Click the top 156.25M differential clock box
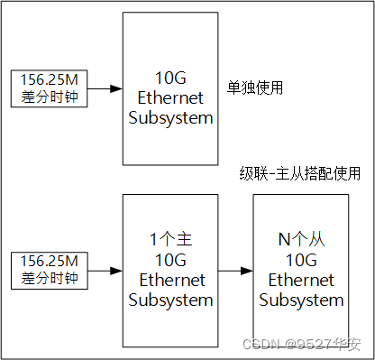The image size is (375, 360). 47,88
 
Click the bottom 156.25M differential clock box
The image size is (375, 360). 47,270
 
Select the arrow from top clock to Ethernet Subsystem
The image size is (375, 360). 105,88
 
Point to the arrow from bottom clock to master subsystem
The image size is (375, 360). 105,270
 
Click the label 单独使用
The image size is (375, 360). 256,88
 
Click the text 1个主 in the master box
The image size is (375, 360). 169,240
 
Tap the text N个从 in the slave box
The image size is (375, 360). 299,240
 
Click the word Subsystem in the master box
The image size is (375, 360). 169,300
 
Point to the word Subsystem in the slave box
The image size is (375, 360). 299,300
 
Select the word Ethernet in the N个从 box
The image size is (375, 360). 299,281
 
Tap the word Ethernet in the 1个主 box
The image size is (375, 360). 169,281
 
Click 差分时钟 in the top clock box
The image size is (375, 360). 47,97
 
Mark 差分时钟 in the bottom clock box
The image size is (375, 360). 47,279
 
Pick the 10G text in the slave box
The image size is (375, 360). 299,260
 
